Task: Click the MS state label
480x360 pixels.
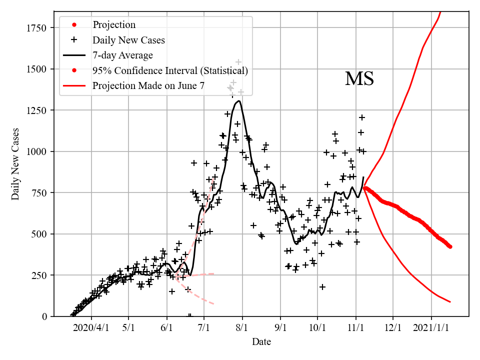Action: tap(359, 79)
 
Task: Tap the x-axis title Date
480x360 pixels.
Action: tap(261, 342)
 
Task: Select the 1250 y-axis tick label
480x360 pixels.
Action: tap(37, 110)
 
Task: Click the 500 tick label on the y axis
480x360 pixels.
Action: tap(40, 234)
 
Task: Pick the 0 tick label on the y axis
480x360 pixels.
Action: tap(44, 316)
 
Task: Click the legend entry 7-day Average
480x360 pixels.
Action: tap(122, 55)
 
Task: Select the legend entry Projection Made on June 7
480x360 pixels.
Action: tap(148, 86)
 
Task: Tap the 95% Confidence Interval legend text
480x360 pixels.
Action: tap(170, 70)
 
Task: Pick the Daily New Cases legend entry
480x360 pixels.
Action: tap(128, 39)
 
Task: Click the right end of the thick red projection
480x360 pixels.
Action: tap(450, 246)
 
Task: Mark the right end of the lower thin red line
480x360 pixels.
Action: tap(450, 302)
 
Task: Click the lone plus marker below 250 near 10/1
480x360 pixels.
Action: tap(322, 287)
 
